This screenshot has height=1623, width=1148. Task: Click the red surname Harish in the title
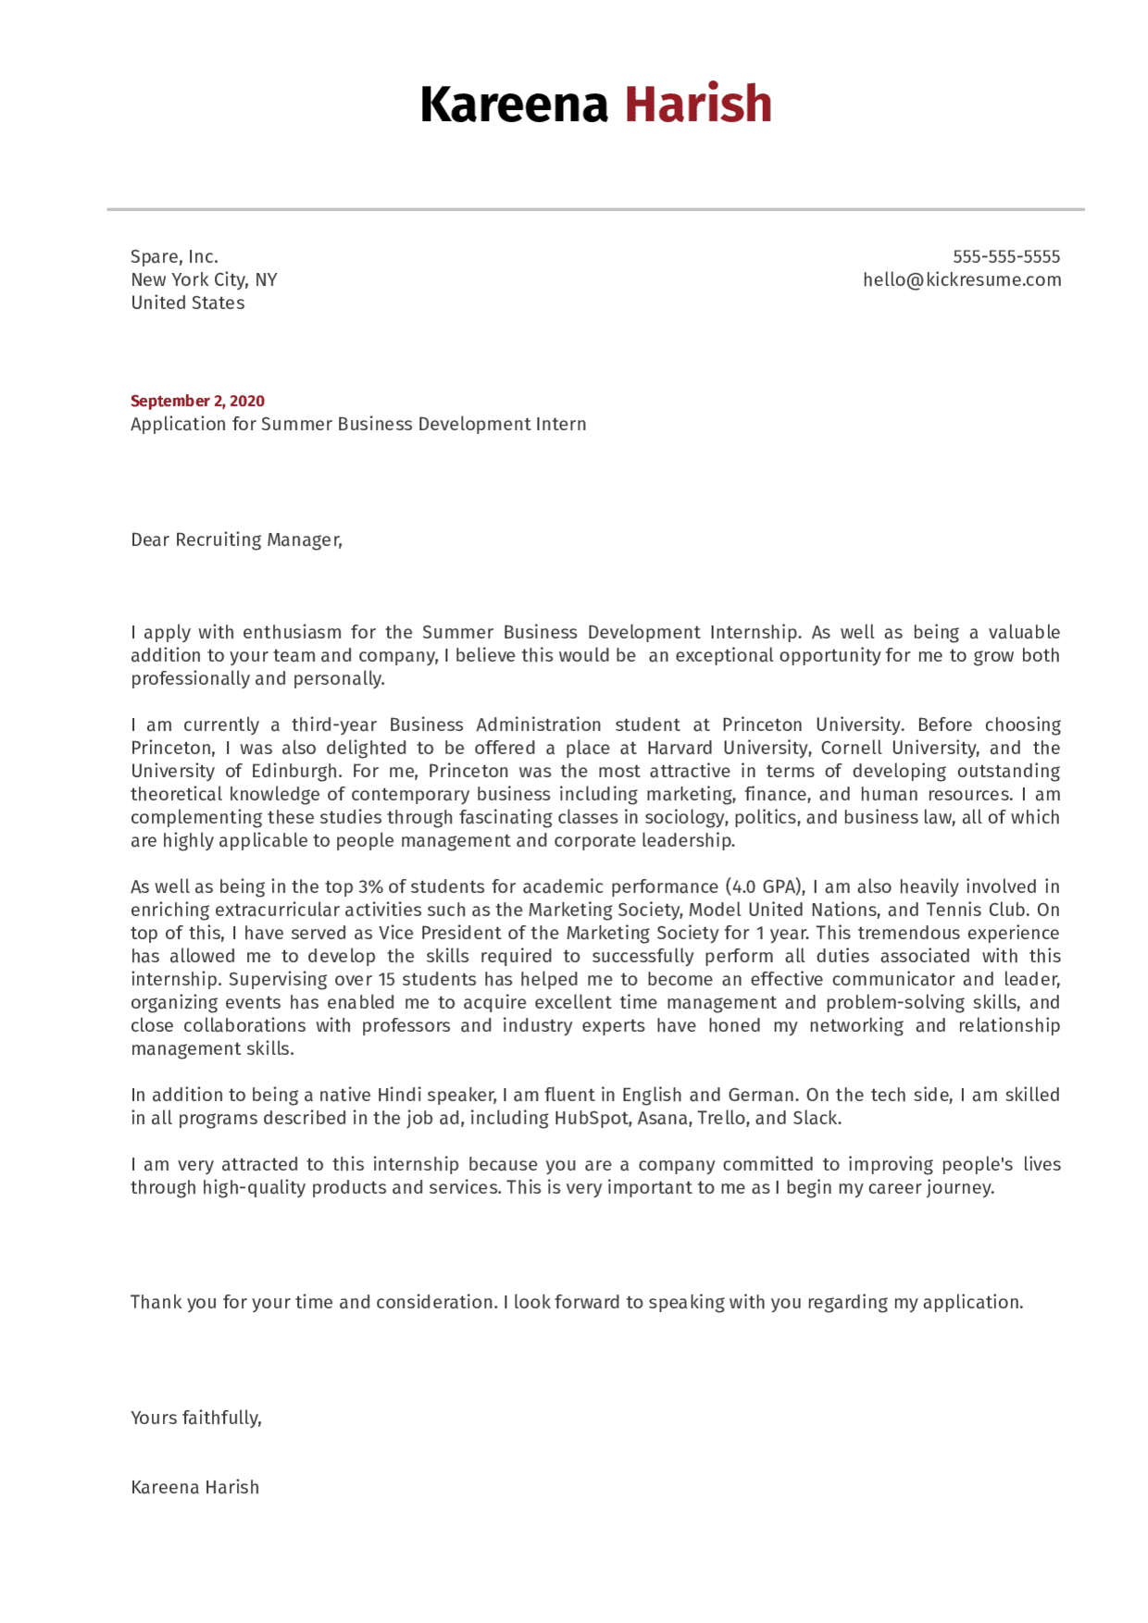coord(697,104)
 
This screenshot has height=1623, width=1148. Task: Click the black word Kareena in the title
coord(514,104)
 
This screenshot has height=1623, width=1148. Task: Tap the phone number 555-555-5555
coord(1005,256)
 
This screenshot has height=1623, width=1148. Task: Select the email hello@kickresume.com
coord(961,279)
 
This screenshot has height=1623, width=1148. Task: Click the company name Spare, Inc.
coord(174,256)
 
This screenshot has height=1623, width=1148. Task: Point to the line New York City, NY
coord(204,279)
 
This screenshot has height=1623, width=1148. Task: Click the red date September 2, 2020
coord(197,401)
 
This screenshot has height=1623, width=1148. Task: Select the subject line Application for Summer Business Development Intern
coord(358,424)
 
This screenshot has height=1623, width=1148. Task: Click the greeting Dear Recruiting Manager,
coord(236,539)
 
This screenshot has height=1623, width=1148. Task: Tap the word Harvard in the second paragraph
coord(680,748)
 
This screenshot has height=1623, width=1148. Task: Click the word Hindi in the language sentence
coord(400,1095)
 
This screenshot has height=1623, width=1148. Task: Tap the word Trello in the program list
coord(722,1118)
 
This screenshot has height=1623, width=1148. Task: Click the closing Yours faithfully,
coord(196,1418)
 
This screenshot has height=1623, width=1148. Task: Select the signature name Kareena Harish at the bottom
coord(194,1487)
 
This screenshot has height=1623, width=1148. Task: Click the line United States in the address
coord(188,303)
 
